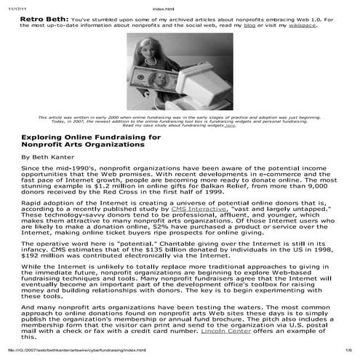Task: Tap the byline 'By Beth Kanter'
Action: coord(49,156)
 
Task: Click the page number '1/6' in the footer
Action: coord(348,354)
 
